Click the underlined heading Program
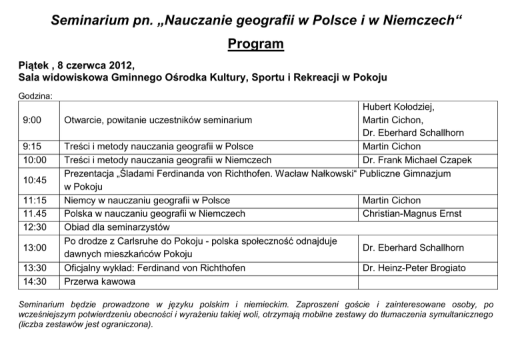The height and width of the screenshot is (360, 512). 255,45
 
